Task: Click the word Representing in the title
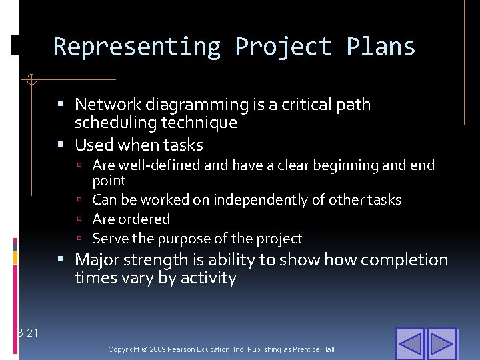[x=137, y=47]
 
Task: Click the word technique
[x=204, y=123]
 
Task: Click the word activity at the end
[x=207, y=278]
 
